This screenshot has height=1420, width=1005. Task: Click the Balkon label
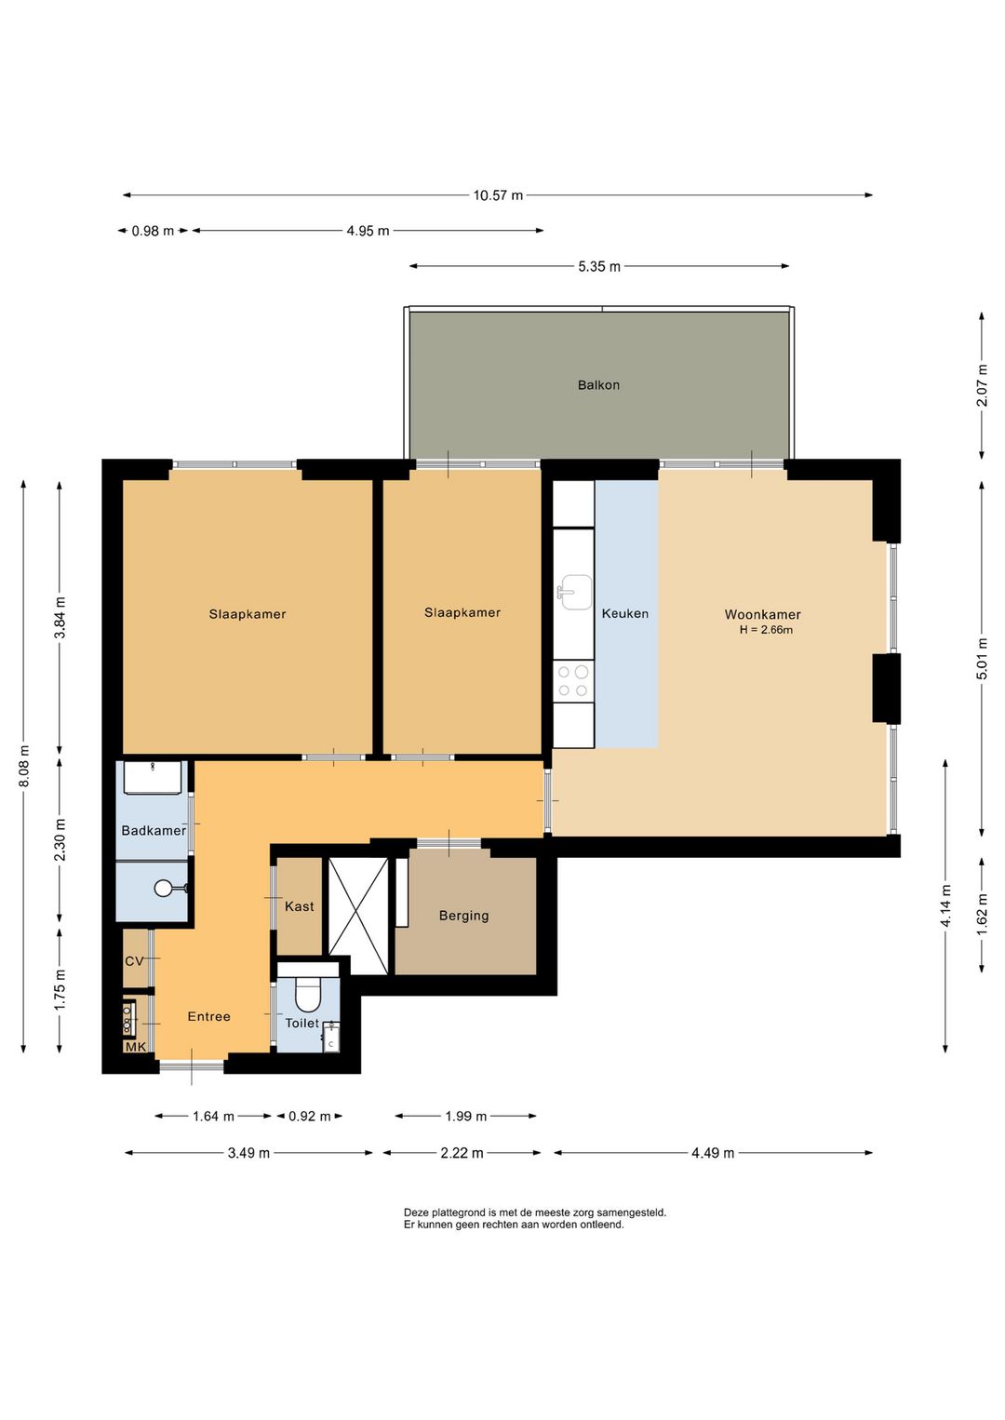(598, 385)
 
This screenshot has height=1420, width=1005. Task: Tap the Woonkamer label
(762, 614)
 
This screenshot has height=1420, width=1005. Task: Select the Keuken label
(625, 613)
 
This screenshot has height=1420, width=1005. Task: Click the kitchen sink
(573, 593)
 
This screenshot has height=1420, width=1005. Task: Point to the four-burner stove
(573, 681)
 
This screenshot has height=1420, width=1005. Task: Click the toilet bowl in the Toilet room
(309, 994)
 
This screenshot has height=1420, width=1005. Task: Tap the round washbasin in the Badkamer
(164, 889)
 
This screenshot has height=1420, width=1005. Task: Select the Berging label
(463, 916)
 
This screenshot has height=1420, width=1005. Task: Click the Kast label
(300, 906)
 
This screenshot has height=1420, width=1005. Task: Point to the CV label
(134, 961)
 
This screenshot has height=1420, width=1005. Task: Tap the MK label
(135, 1047)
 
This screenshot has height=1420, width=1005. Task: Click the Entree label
(208, 1016)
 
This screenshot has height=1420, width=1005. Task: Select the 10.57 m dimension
(498, 195)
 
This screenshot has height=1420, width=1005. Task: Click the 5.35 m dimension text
(599, 266)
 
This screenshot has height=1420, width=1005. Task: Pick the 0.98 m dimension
(153, 231)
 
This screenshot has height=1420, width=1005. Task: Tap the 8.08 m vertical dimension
(24, 767)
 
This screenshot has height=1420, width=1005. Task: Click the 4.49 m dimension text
(713, 1153)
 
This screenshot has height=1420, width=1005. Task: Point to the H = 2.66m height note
(766, 630)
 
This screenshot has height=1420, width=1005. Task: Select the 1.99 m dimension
(466, 1117)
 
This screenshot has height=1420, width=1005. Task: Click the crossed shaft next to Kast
(358, 915)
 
